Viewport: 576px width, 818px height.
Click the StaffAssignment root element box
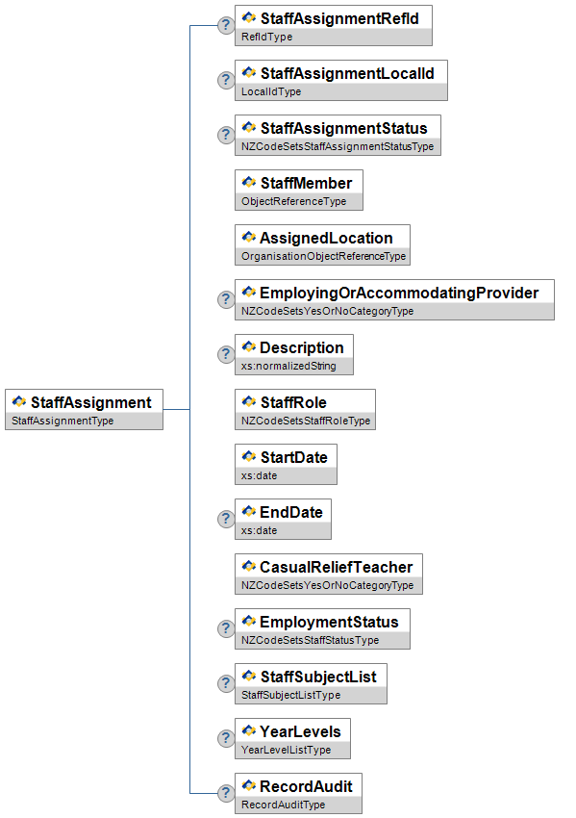pyautogui.click(x=84, y=410)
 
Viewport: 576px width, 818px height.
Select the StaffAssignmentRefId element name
pyautogui.click(x=339, y=19)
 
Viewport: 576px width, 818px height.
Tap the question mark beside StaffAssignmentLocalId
pyautogui.click(x=226, y=80)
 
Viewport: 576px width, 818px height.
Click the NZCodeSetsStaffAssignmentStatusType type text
pyautogui.click(x=338, y=146)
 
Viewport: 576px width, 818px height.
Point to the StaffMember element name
pyautogui.click(x=306, y=183)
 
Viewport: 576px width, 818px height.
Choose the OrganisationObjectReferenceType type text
pyautogui.click(x=323, y=256)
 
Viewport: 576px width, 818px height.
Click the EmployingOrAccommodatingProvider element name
pyautogui.click(x=399, y=294)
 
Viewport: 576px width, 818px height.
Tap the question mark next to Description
pyautogui.click(x=226, y=355)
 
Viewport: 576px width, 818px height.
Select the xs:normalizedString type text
pyautogui.click(x=288, y=367)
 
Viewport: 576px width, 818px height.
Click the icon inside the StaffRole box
pyautogui.click(x=249, y=401)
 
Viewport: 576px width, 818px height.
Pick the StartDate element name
pyautogui.click(x=294, y=457)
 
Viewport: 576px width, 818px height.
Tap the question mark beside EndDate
pyautogui.click(x=226, y=519)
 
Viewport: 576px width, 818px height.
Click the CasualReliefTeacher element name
pyautogui.click(x=337, y=567)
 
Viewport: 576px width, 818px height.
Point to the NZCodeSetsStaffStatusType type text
pyautogui.click(x=310, y=640)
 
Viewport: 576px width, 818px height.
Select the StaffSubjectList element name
pyautogui.click(x=318, y=677)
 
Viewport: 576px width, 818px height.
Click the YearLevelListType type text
pyautogui.click(x=286, y=751)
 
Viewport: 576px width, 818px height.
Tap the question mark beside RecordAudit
pyautogui.click(x=226, y=793)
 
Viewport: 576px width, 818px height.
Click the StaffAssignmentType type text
pyautogui.click(x=63, y=421)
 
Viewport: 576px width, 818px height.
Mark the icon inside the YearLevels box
pyautogui.click(x=249, y=730)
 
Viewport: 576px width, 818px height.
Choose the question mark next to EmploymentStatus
pyautogui.click(x=226, y=628)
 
